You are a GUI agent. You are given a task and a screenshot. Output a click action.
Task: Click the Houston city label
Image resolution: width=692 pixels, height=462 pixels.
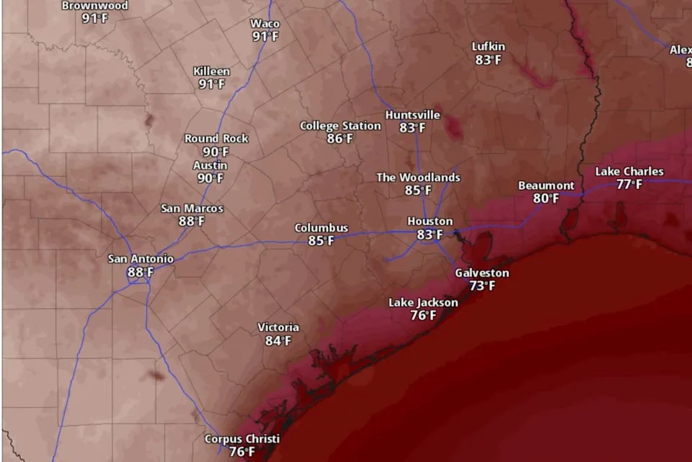point(430,221)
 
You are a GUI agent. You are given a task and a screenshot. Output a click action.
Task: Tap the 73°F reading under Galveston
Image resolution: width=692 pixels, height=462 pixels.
point(482,286)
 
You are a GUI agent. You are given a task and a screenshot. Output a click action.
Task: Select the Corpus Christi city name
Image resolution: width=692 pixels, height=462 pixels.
point(241,439)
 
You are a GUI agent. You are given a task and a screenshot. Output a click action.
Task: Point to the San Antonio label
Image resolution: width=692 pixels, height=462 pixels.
point(141,258)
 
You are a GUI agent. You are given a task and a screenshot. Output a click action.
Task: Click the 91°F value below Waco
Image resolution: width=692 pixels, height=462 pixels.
point(265,37)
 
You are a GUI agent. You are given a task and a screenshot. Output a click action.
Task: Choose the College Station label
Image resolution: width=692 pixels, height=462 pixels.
point(340,126)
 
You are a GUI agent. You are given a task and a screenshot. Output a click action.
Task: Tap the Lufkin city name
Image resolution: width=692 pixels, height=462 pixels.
point(488,46)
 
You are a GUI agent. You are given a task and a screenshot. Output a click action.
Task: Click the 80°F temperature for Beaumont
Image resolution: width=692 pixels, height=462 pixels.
point(546,199)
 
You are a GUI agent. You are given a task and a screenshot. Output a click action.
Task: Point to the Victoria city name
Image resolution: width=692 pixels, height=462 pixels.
point(278,327)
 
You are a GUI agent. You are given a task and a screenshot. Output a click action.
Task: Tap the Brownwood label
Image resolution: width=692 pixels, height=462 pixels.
point(94,6)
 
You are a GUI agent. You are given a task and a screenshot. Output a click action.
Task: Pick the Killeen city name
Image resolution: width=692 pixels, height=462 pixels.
point(212,71)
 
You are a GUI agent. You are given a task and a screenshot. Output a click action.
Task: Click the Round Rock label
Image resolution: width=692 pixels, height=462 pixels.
point(216,138)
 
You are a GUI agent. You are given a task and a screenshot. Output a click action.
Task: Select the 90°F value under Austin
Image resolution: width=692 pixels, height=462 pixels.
point(210,178)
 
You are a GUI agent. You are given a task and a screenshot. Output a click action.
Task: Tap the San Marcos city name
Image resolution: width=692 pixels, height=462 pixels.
point(192,208)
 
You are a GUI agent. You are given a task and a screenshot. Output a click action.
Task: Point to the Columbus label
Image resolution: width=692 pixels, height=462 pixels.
point(321,227)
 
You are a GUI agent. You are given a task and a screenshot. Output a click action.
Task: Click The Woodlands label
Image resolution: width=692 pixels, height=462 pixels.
point(418,177)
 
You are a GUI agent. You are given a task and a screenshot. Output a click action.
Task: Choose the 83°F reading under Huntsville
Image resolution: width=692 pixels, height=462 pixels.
point(412,128)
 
